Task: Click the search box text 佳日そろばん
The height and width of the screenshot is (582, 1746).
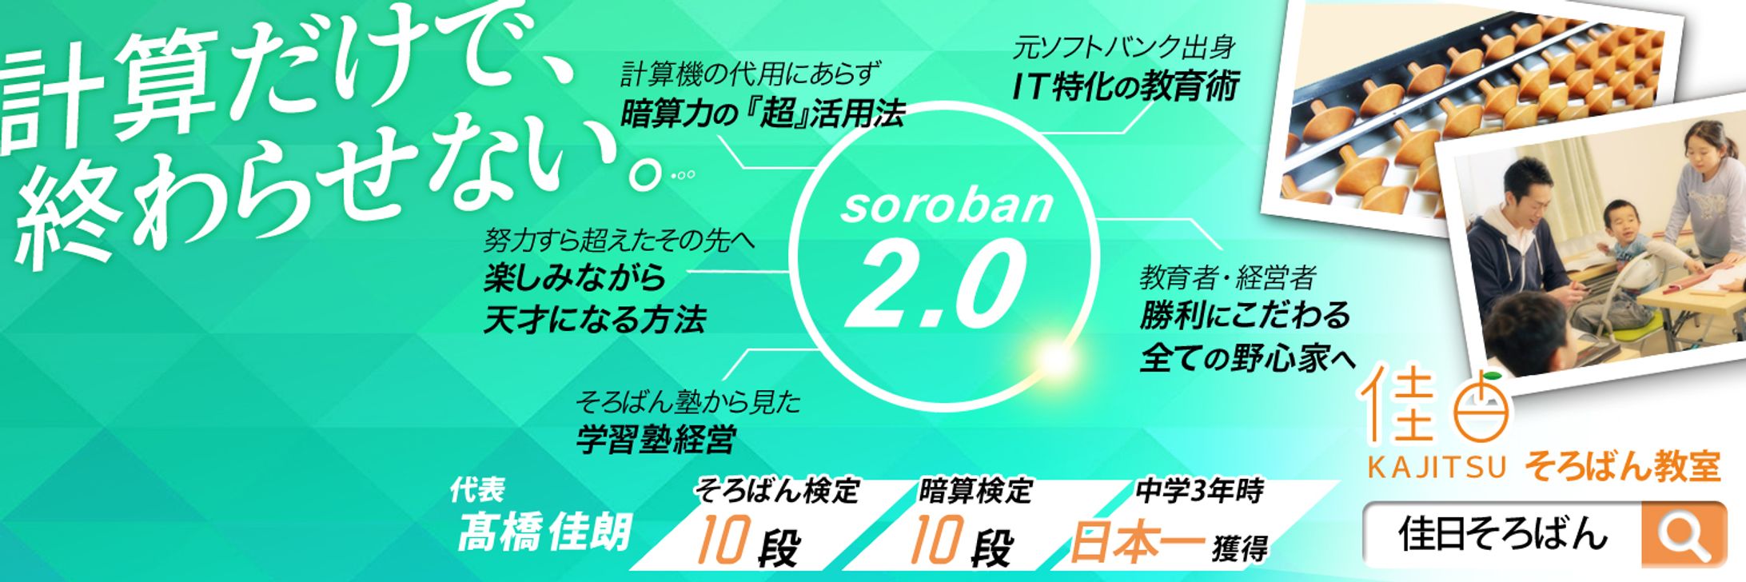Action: (1502, 533)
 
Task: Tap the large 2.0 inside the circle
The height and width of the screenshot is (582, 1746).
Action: (935, 285)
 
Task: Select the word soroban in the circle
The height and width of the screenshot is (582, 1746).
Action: (947, 205)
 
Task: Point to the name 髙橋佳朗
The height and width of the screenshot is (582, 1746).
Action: (544, 532)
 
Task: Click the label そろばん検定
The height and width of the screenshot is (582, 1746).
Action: (776, 490)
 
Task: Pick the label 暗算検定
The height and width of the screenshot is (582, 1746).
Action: (975, 490)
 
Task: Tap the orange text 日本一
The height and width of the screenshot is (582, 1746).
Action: (1137, 542)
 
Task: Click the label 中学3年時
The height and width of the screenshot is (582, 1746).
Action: (1199, 490)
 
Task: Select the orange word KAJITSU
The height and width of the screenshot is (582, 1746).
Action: (1437, 467)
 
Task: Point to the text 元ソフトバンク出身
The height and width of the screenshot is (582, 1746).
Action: (1124, 47)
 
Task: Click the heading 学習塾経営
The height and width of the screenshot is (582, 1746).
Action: (656, 440)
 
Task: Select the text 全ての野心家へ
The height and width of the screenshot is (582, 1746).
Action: (1248, 357)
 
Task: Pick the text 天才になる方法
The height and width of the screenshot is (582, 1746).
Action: (595, 320)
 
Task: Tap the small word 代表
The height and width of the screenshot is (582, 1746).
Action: (477, 489)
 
